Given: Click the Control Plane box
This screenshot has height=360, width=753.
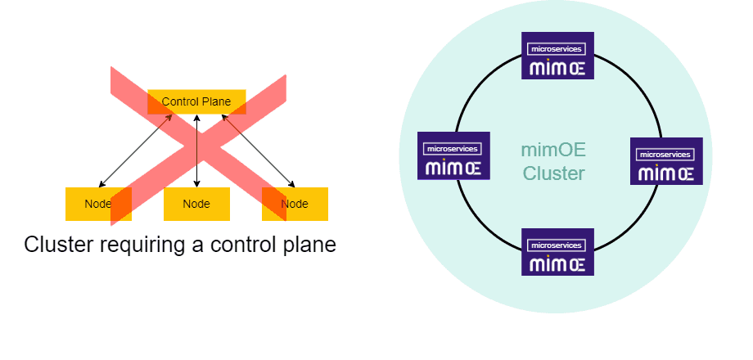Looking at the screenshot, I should pyautogui.click(x=196, y=102).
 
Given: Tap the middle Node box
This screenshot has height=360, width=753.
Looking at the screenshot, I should pyautogui.click(x=196, y=204).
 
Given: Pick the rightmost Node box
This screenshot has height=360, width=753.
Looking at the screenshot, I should pyautogui.click(x=295, y=204).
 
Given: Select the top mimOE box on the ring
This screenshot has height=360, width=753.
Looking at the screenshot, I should pyautogui.click(x=557, y=56).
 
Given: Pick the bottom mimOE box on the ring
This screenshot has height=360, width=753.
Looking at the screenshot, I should pyautogui.click(x=557, y=252).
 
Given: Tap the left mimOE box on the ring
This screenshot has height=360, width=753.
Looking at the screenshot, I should pyautogui.click(x=453, y=155).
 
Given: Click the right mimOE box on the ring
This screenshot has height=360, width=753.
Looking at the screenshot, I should pyautogui.click(x=666, y=161).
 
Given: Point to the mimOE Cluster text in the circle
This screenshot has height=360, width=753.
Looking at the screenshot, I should pyautogui.click(x=553, y=162).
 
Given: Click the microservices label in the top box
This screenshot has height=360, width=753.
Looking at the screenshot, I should pyautogui.click(x=557, y=49).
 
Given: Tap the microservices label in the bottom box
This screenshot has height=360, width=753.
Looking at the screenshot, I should pyautogui.click(x=557, y=245).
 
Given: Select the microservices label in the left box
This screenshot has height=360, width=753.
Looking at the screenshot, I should pyautogui.click(x=453, y=149).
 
